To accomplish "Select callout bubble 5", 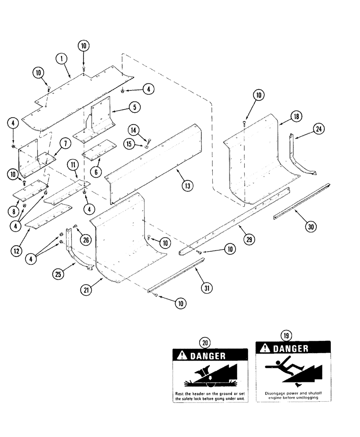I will pyautogui.click(x=134, y=106).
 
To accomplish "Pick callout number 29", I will pyautogui.click(x=250, y=240).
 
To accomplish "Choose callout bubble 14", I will pyautogui.click(x=134, y=129).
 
